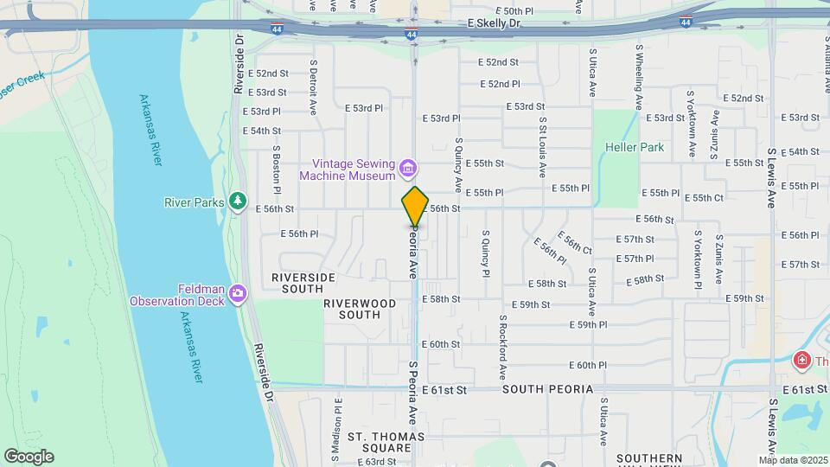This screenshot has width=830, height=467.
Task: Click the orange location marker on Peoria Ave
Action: point(415,206)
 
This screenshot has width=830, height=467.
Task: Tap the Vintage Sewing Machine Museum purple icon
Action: point(408,167)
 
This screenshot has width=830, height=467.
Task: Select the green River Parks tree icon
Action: point(238,202)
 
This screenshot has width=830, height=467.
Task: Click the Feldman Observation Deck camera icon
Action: point(238,296)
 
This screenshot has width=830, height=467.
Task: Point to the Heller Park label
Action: point(635,147)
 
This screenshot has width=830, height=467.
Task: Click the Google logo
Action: point(28,457)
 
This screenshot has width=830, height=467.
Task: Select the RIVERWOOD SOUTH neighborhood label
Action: point(360,309)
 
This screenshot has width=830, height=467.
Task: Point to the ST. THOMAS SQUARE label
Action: point(380,442)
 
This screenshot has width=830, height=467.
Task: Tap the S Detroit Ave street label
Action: point(313,86)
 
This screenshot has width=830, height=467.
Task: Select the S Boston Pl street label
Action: point(277,169)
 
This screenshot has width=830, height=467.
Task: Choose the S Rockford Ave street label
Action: point(502,348)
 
